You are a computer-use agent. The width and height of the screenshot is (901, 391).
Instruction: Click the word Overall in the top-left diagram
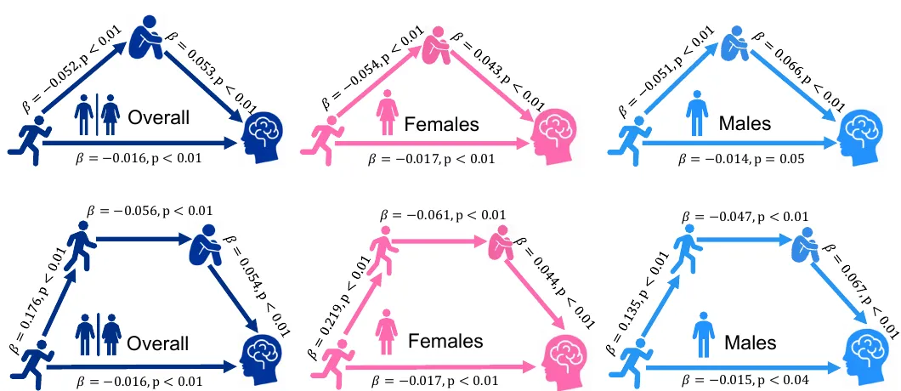click(158, 118)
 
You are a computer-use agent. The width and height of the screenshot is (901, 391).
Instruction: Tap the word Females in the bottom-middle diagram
click(446, 341)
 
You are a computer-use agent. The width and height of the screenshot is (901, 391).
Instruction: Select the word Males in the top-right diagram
click(746, 122)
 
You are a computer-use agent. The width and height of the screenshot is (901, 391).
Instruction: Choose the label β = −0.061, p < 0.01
click(443, 215)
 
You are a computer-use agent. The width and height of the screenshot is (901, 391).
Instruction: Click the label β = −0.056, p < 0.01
click(150, 210)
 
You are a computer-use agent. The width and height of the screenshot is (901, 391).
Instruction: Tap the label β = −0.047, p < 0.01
click(745, 216)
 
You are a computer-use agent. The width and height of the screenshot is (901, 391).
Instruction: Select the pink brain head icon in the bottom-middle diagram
click(563, 357)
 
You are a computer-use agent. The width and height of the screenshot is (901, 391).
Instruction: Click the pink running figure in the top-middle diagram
click(319, 139)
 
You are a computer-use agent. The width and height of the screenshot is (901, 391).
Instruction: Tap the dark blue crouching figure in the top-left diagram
click(145, 37)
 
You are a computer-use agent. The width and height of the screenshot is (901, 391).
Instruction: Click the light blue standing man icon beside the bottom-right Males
click(703, 333)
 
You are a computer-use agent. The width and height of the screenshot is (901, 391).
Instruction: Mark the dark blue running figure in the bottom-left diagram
click(30, 363)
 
